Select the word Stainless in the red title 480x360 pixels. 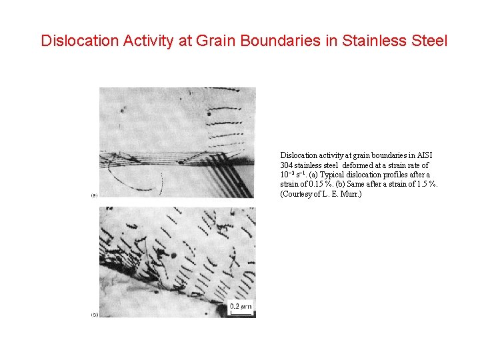pos(373,41)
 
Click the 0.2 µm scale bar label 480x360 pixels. pos(240,307)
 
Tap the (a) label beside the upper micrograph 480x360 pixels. pos(94,195)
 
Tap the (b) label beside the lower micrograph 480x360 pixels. pos(94,314)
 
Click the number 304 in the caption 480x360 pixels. pos(287,165)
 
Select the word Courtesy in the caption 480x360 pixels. pos(297,194)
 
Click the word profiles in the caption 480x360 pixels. pos(398,175)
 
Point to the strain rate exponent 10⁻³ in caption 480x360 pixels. pos(287,175)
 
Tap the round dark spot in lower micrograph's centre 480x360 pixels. pos(174,254)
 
